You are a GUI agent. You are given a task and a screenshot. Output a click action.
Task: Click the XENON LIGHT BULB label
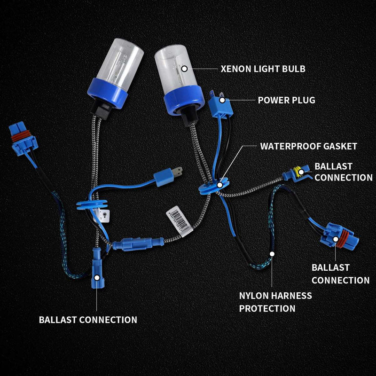pyautogui.click(x=263, y=69)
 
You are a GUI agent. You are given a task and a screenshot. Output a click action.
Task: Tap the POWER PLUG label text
pyautogui.click(x=286, y=100)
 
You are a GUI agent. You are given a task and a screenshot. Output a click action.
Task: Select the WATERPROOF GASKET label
pyautogui.click(x=308, y=146)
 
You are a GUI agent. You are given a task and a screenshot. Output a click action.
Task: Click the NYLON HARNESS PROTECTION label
pyautogui.click(x=275, y=302)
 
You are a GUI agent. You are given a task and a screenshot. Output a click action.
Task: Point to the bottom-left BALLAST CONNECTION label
pyautogui.click(x=88, y=320)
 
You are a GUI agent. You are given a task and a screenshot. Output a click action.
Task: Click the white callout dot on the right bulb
pyautogui.click(x=185, y=69)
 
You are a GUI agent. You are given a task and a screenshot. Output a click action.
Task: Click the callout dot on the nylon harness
pyautogui.click(x=272, y=254)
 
